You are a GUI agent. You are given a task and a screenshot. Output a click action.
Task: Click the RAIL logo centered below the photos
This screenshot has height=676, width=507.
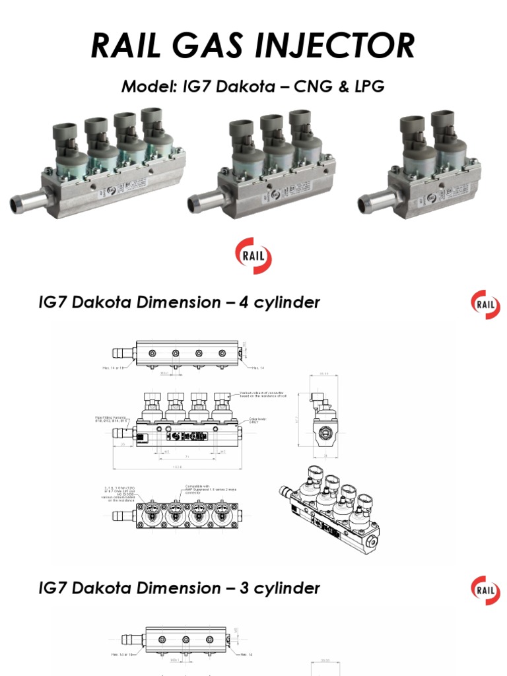tap(253, 257)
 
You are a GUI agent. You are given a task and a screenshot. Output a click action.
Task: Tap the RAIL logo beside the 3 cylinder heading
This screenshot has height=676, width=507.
tap(485, 590)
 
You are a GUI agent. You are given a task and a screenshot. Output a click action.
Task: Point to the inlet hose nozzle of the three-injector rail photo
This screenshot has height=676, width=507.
tap(203, 201)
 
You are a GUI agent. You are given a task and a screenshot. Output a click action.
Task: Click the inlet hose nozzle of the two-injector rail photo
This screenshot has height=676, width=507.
tap(373, 201)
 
